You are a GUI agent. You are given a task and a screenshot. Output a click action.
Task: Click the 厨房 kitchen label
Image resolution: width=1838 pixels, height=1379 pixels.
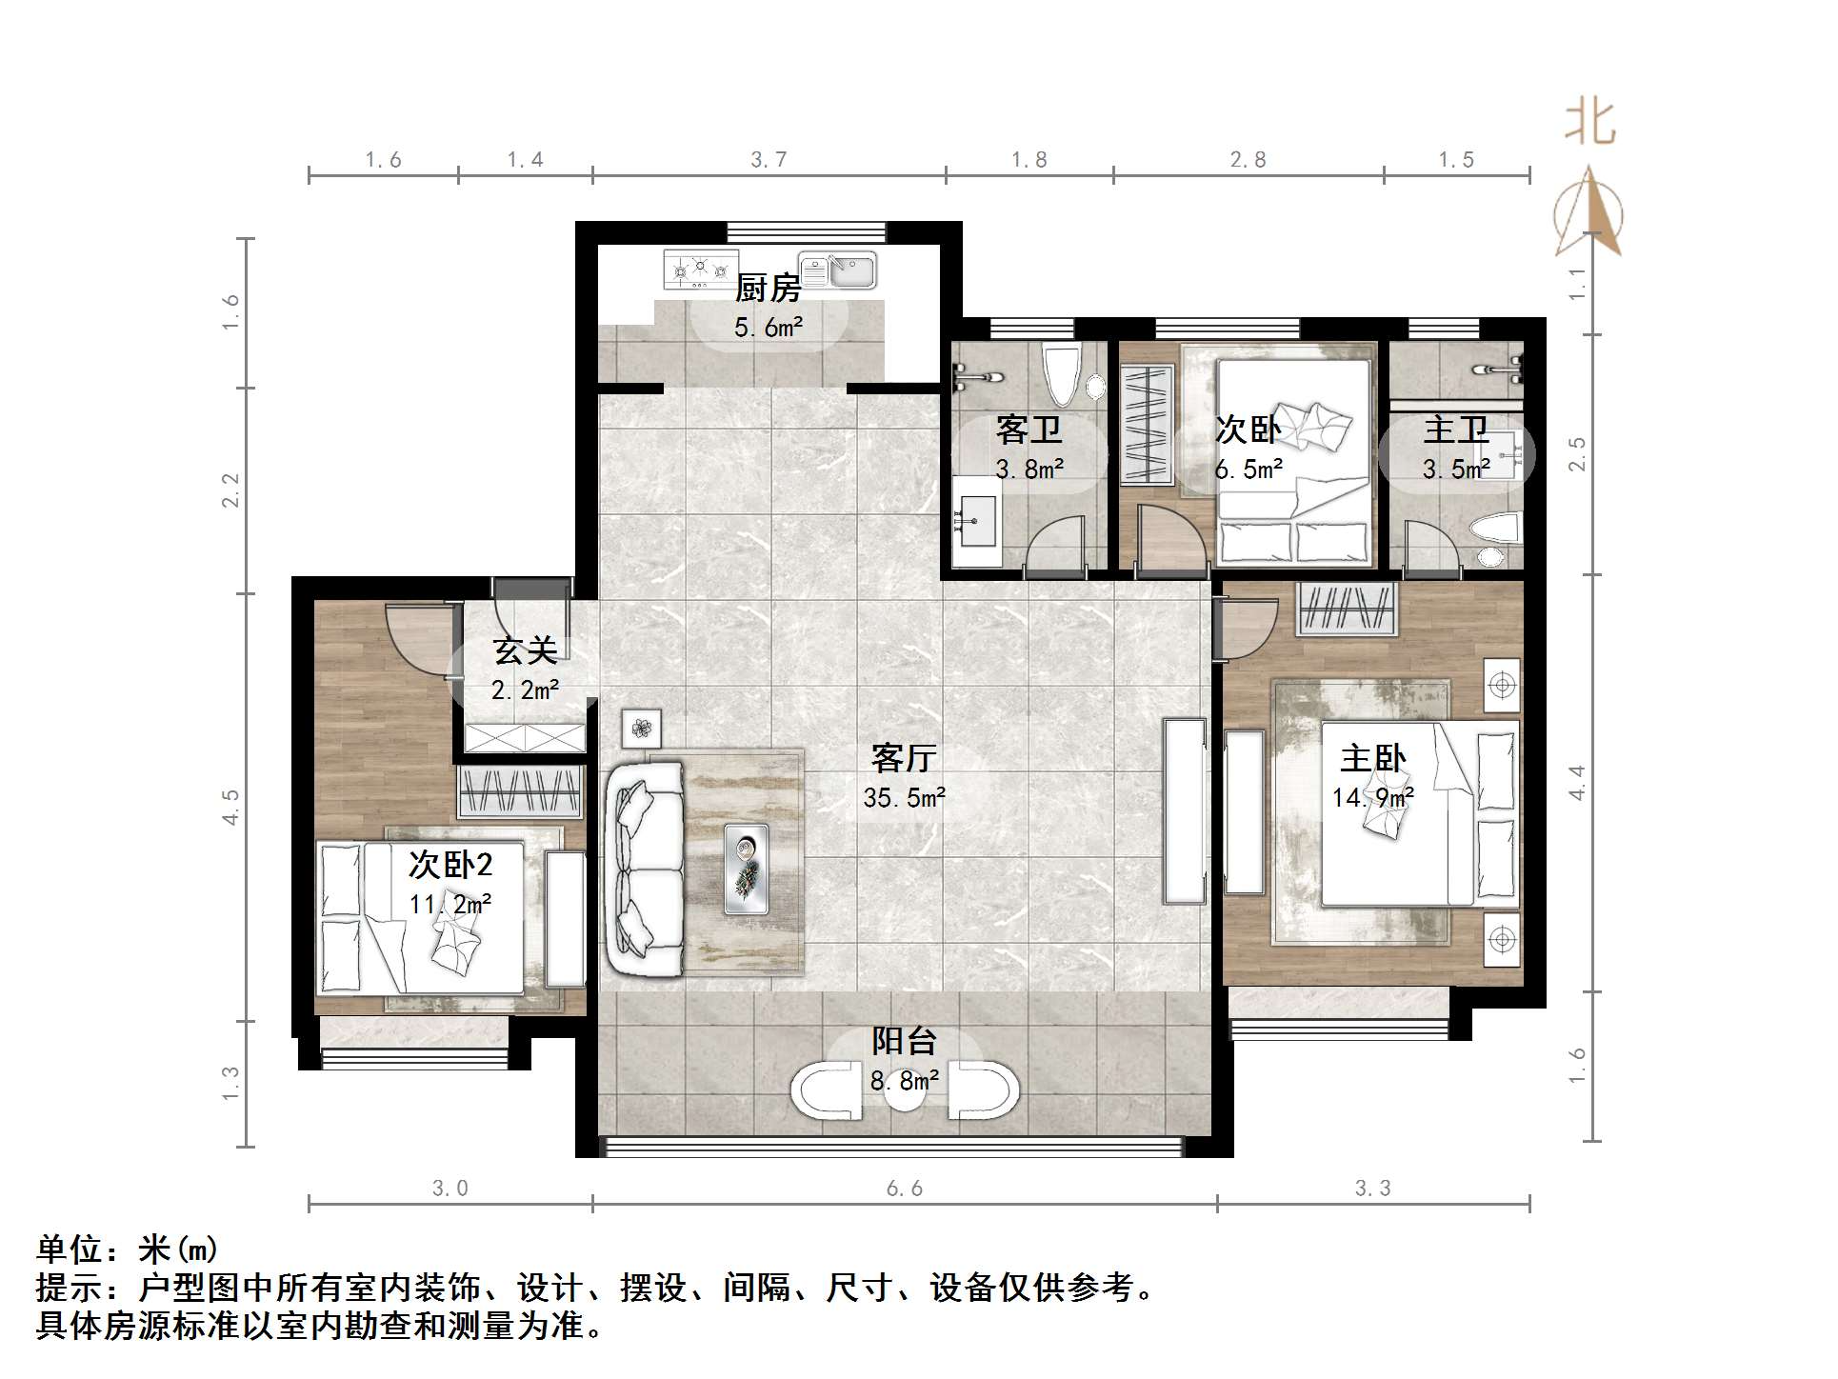tap(768, 288)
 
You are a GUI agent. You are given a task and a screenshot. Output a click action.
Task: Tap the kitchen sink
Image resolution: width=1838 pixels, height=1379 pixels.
tap(837, 270)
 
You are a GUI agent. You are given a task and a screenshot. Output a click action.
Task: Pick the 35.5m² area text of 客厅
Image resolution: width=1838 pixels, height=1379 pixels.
tap(904, 798)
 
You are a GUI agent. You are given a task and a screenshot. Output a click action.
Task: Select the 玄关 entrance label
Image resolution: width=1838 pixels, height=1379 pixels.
tap(525, 651)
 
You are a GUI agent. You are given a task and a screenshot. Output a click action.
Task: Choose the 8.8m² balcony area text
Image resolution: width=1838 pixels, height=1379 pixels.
tap(904, 1081)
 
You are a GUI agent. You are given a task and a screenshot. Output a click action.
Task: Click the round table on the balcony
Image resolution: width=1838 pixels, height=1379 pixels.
tap(904, 1092)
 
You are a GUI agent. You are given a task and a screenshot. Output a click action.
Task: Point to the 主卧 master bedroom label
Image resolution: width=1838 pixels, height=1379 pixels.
tap(1372, 759)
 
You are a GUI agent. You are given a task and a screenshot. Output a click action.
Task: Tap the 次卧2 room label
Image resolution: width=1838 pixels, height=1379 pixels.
tap(450, 866)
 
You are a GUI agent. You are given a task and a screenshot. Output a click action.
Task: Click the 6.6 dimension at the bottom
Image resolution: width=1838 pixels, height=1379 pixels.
tap(904, 1189)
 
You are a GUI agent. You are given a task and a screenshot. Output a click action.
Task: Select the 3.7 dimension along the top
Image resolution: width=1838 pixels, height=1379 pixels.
tap(769, 160)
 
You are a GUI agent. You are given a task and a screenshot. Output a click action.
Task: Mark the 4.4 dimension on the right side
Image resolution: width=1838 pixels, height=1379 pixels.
tap(1577, 783)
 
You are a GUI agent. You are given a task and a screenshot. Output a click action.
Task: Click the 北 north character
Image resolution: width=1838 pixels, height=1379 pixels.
tap(1589, 124)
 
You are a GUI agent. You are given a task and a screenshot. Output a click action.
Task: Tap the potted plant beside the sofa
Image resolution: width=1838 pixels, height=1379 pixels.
tap(642, 729)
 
